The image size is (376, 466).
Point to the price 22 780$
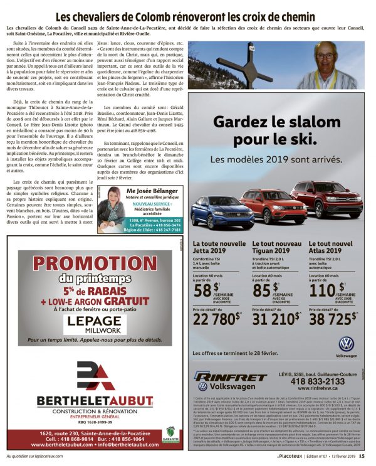[216, 319]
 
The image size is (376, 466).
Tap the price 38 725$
[335, 319]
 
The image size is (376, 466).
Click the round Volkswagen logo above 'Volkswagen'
[346, 344]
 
